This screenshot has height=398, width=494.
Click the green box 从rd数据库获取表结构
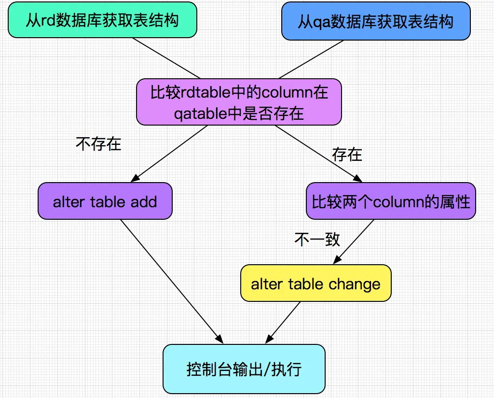[102, 20]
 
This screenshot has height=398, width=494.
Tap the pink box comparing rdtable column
[239, 102]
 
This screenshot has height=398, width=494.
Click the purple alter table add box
[105, 201]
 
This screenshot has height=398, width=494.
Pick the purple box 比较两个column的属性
[391, 201]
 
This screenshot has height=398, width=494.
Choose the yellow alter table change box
[316, 284]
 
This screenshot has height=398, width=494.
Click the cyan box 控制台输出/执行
[244, 369]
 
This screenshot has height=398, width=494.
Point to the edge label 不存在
[98, 143]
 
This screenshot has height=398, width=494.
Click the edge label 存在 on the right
[347, 155]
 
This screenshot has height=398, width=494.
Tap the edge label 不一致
[317, 239]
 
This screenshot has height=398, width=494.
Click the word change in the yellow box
[355, 284]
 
